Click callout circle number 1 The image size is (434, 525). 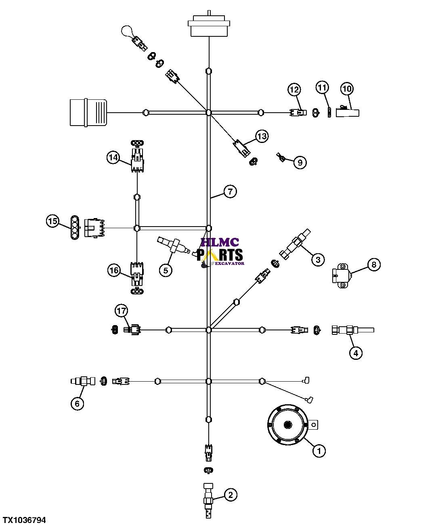coord(319,450)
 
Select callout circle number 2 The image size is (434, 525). coord(230,495)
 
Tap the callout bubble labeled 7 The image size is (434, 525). coord(230,191)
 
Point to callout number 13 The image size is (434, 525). coord(262,136)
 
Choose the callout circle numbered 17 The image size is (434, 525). coord(121,311)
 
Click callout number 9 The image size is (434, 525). coord(300,162)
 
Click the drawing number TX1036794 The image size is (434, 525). coord(24,520)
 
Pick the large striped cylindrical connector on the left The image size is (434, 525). coord(88,112)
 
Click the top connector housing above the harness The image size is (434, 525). coord(209,26)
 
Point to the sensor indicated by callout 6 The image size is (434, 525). coord(83,381)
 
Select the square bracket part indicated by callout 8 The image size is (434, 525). coord(341,275)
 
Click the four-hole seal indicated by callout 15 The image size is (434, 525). coord(74,227)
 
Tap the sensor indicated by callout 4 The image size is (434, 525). coord(352,330)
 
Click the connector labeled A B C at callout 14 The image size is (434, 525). coord(137,162)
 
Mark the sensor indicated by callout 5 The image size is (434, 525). coord(173,246)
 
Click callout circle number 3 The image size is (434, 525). coord(318,259)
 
